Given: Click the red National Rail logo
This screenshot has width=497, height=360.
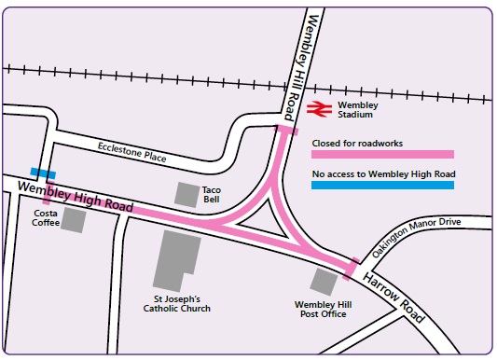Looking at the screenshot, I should pos(317,109).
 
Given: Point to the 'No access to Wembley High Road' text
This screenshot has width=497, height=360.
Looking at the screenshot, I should pos(382,173).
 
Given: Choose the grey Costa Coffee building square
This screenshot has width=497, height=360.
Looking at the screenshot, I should pos(75,222).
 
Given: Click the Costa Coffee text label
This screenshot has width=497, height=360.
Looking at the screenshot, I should pos(45,217).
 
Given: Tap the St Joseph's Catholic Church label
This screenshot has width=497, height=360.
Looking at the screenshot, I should pos(176,303).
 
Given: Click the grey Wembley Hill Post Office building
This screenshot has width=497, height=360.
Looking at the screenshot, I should pos(324,281).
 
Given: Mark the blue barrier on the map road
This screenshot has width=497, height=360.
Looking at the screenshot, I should pos(42,173).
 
